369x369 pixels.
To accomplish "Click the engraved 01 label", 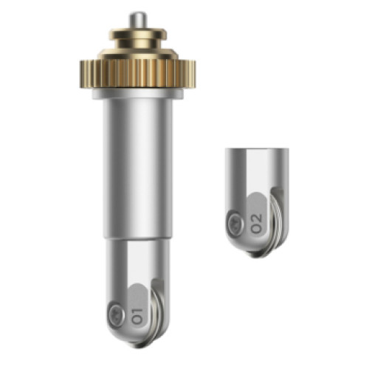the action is pos(137,316).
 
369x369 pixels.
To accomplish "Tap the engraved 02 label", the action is pos(256,224).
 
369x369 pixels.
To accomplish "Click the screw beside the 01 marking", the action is pos(116,315).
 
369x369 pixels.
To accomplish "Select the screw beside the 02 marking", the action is pos(236,223).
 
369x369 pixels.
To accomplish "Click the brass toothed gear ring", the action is pos(138,74).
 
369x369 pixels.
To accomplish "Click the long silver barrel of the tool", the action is pos(138,168).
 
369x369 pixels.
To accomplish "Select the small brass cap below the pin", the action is pos(138,39).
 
